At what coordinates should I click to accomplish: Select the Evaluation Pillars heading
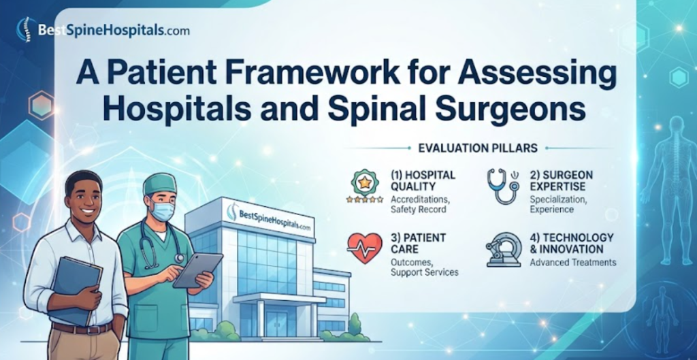click(x=478, y=148)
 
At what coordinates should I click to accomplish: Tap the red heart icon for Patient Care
click(x=364, y=246)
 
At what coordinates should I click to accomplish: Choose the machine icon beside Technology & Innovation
click(x=504, y=250)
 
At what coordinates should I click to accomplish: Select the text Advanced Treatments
click(x=573, y=263)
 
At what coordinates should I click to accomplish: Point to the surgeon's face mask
click(x=162, y=210)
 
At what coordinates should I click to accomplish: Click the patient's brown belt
click(x=82, y=328)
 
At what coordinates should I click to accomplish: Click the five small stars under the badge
click(x=365, y=200)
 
